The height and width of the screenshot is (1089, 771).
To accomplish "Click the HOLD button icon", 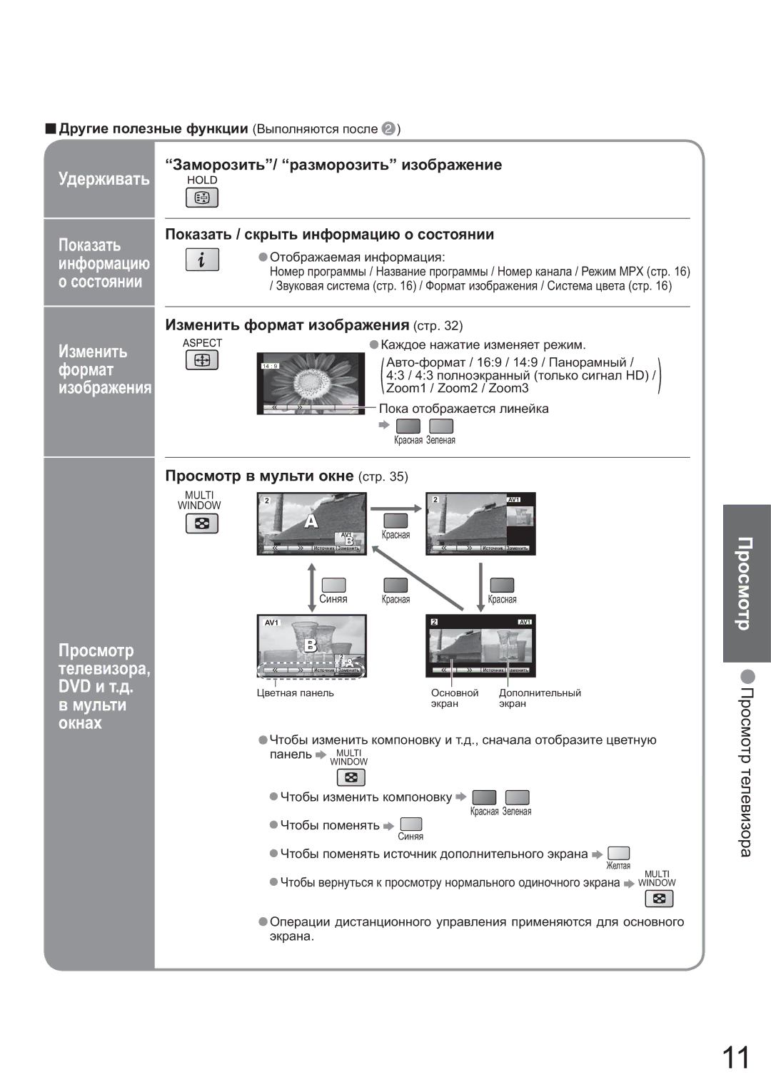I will pyautogui.click(x=202, y=198).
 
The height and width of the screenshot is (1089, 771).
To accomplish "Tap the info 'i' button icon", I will pyautogui.click(x=202, y=260).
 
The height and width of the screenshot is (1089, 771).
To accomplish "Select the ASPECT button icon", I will pyautogui.click(x=202, y=360).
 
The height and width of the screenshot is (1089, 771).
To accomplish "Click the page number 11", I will pyautogui.click(x=736, y=1057).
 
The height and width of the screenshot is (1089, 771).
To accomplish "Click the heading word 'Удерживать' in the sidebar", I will pyautogui.click(x=104, y=179).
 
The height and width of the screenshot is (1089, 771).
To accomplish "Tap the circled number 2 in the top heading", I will pyautogui.click(x=388, y=129).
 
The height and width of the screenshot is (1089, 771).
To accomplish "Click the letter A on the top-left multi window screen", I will pyautogui.click(x=311, y=521).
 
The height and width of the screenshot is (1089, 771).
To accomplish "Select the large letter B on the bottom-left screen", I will pyautogui.click(x=311, y=645).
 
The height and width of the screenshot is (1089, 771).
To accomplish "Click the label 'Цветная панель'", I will pyautogui.click(x=295, y=693).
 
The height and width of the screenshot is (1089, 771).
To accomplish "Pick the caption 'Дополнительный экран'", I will pyautogui.click(x=540, y=698).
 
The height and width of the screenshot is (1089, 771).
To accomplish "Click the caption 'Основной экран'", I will pyautogui.click(x=454, y=698).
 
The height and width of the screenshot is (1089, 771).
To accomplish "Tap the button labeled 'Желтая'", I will pyautogui.click(x=618, y=853).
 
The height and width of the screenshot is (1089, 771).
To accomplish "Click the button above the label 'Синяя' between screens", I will pyautogui.click(x=333, y=585).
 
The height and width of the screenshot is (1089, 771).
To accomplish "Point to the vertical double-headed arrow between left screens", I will pyautogui.click(x=312, y=587).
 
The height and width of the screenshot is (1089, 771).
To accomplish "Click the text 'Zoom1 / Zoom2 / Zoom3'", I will pyautogui.click(x=457, y=389).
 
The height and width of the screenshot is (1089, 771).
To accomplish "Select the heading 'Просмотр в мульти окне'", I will pyautogui.click(x=260, y=476).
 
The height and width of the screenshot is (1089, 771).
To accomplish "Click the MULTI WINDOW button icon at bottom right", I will pyautogui.click(x=659, y=899).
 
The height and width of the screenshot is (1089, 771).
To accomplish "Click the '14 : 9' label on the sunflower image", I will pyautogui.click(x=270, y=367).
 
